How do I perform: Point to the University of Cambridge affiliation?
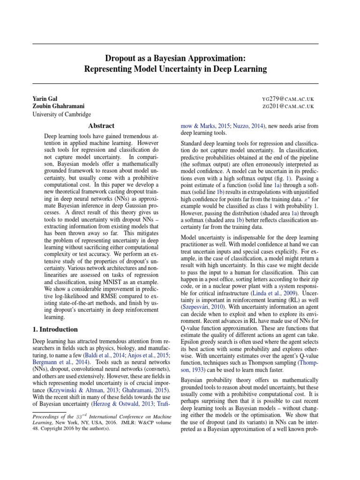point(61,114)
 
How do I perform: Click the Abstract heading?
point(101,126)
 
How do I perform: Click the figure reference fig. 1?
point(285,179)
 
